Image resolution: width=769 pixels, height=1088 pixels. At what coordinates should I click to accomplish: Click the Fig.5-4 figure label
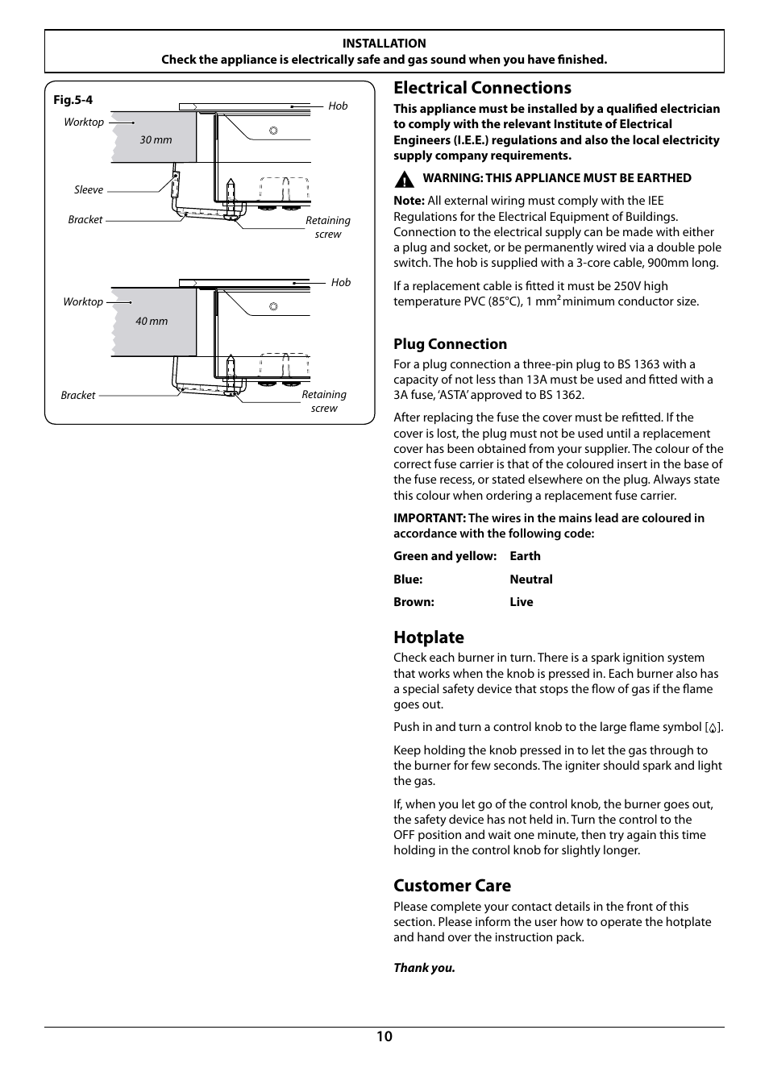[73, 100]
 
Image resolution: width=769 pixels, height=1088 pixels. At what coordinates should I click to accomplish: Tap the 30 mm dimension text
[156, 139]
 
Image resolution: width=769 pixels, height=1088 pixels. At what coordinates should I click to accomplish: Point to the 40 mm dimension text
[152, 321]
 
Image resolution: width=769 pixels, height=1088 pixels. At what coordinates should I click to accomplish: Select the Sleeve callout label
[89, 190]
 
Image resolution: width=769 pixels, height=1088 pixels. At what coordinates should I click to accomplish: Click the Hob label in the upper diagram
[338, 106]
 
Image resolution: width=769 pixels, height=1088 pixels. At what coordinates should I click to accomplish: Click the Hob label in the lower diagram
[341, 282]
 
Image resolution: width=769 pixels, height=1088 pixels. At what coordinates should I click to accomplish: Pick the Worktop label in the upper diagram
[84, 123]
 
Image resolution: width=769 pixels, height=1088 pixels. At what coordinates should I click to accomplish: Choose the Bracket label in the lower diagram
[78, 396]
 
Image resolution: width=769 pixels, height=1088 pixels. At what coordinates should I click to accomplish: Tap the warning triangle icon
[404, 179]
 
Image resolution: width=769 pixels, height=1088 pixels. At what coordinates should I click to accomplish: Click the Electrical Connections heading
[482, 88]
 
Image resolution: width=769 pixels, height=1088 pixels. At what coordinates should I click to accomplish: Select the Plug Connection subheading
[450, 344]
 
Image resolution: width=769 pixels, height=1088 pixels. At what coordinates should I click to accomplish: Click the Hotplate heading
[429, 637]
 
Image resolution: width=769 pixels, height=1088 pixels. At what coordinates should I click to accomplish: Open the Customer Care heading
[452, 886]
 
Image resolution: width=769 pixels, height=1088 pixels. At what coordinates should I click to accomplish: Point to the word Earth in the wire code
[525, 556]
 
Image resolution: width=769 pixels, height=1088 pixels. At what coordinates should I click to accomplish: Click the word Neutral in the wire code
[530, 579]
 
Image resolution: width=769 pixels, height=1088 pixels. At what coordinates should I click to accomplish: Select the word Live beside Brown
[521, 602]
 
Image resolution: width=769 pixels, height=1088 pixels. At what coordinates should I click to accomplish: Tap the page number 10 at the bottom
[384, 1036]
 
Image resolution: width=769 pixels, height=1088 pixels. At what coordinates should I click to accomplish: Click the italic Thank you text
[424, 968]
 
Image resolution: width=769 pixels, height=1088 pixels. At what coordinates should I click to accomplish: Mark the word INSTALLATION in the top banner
[384, 44]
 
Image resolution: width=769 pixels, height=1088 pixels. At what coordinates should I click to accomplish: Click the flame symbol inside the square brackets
[713, 728]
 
